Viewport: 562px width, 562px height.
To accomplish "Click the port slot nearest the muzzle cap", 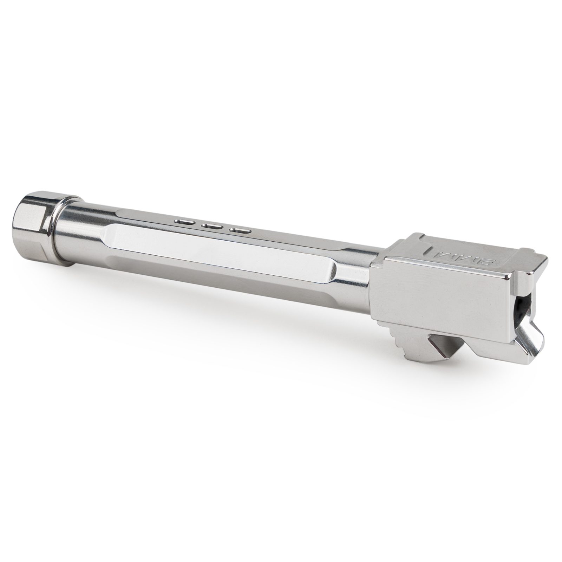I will coord(184,222).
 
